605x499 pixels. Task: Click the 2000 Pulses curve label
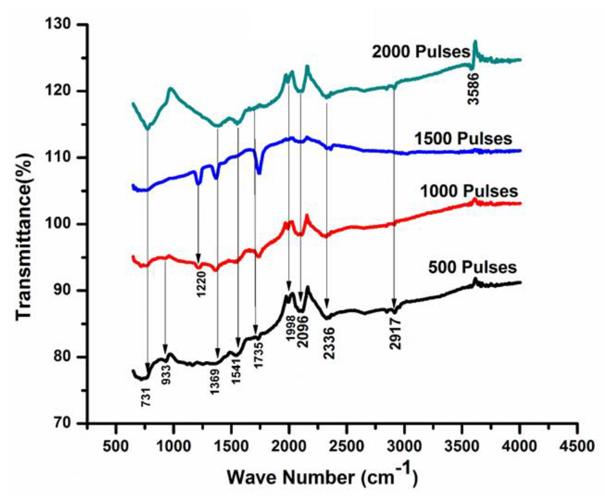pos(421,52)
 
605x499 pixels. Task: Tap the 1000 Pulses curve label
pos(469,191)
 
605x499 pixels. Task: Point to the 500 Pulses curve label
pos(472,267)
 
